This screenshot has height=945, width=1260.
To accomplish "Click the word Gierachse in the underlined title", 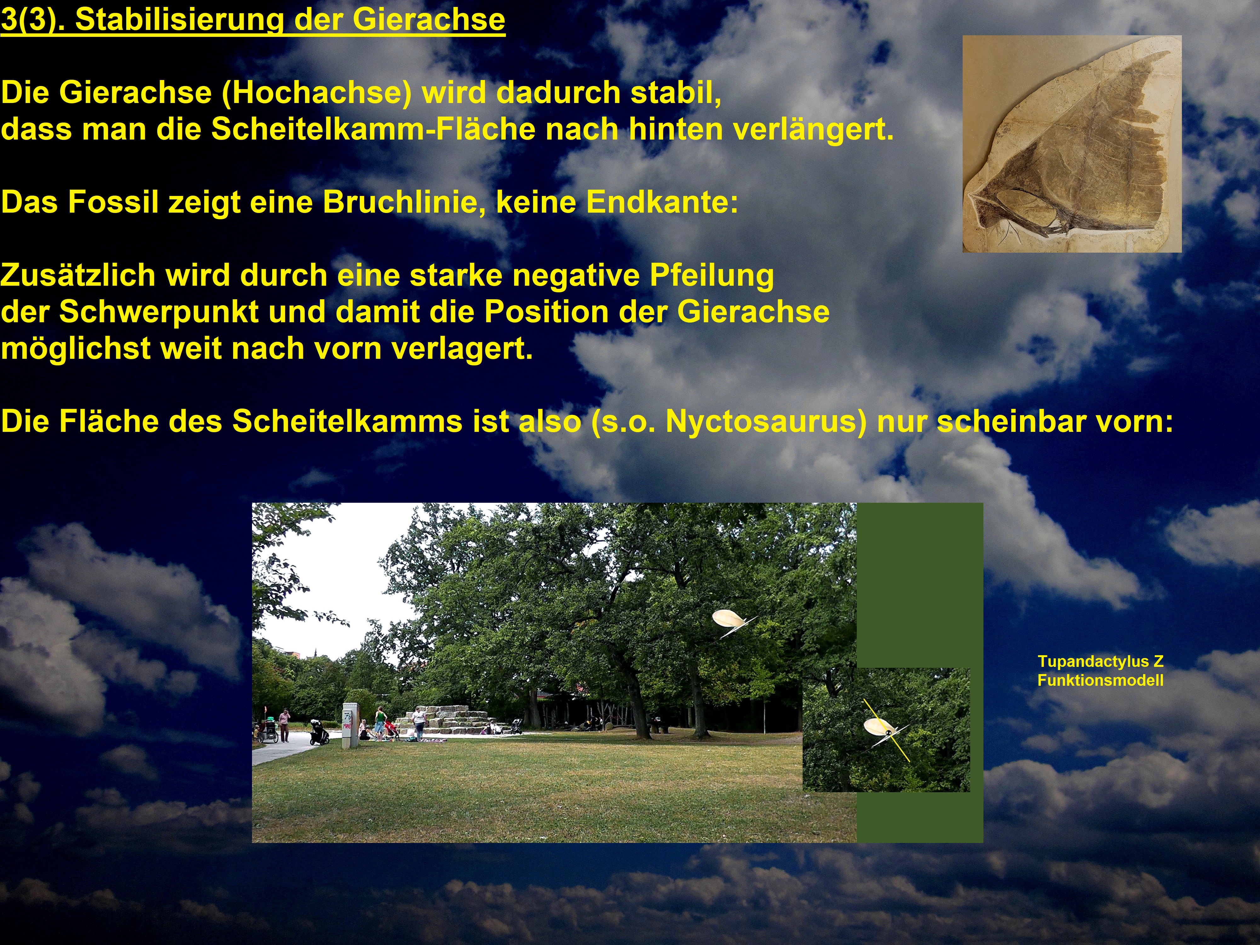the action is point(428,19).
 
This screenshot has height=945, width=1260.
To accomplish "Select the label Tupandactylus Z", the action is point(1100,661).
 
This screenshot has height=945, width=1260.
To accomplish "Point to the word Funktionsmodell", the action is point(1100,680).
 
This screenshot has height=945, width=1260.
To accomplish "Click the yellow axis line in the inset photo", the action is point(886,731).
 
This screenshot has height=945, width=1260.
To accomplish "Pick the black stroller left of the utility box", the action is point(319,732).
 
